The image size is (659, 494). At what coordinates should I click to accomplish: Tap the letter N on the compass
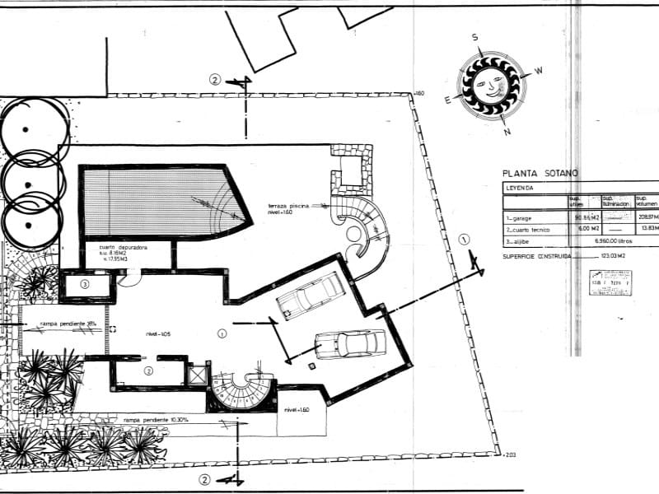507,132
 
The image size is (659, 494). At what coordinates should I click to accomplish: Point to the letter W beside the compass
539,71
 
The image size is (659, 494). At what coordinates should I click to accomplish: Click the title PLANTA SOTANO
540,174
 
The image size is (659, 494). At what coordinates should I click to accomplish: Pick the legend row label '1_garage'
523,217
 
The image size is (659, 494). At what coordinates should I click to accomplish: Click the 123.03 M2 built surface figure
610,257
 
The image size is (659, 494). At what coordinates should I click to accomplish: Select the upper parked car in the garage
311,295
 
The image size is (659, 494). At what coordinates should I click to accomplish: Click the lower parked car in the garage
350,343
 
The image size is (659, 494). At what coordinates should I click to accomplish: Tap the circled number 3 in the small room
85,284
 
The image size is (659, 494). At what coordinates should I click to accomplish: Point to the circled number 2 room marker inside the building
148,371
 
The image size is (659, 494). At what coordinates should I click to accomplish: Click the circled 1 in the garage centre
222,333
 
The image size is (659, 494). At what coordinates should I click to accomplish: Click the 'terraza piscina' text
287,206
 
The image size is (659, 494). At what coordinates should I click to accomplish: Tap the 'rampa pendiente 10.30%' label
157,420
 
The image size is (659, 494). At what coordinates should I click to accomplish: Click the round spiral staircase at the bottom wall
242,390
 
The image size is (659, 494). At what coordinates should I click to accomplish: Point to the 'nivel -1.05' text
158,333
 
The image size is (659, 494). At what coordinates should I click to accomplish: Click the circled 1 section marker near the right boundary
464,240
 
